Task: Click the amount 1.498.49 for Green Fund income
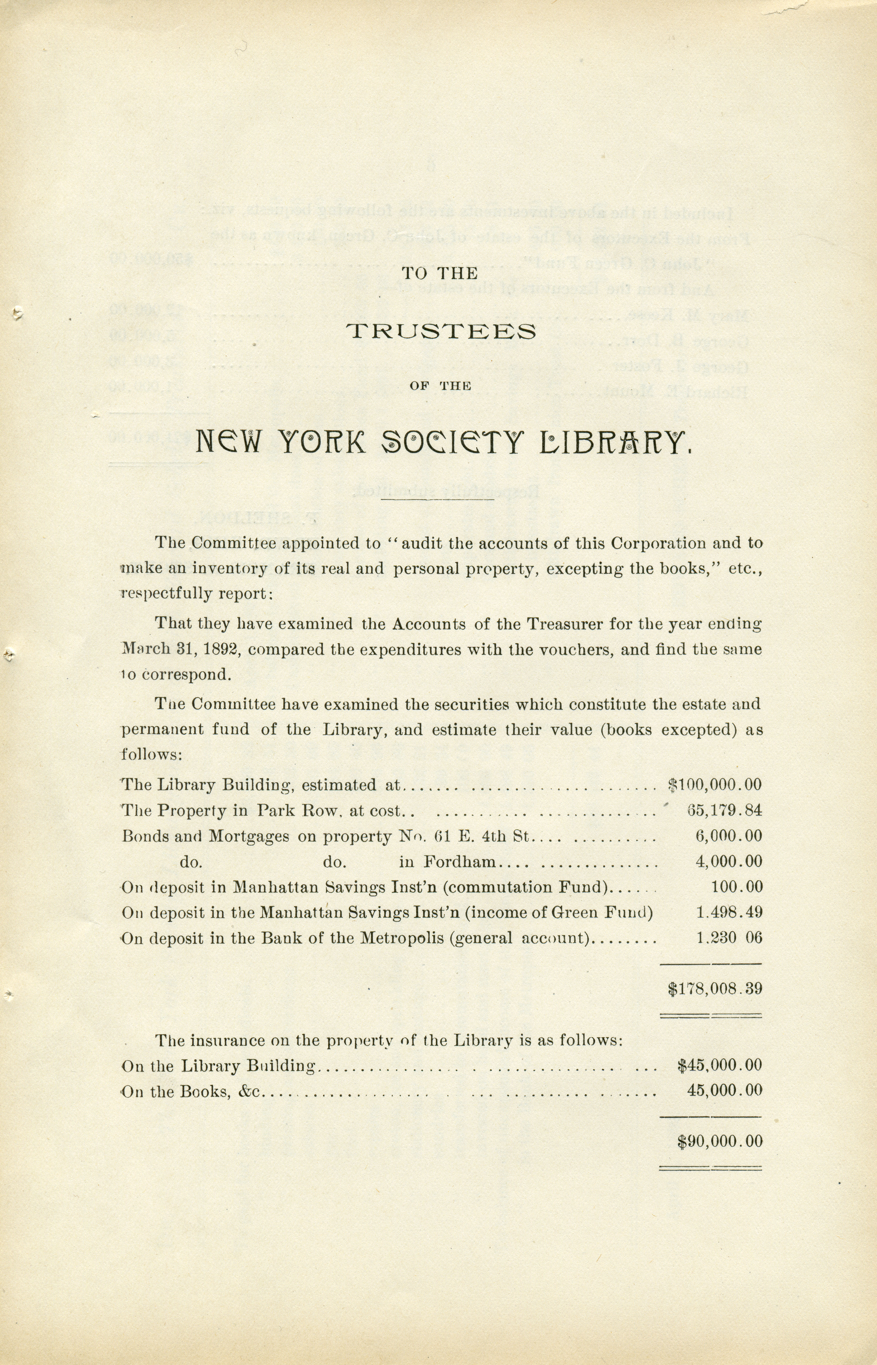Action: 729,912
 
